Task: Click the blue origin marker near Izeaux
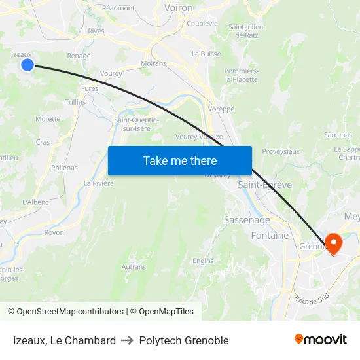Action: click(27, 64)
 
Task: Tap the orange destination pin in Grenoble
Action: click(333, 243)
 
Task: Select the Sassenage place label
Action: click(247, 220)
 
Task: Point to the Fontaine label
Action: click(270, 236)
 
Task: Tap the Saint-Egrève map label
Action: click(264, 185)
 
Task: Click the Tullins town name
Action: click(75, 102)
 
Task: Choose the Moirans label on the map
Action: click(153, 63)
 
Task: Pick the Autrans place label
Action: click(134, 267)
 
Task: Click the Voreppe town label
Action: click(221, 109)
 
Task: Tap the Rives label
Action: click(96, 31)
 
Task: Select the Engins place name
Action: click(203, 261)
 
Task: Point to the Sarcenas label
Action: click(338, 135)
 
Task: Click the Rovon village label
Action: click(54, 232)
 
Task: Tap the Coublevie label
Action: click(202, 23)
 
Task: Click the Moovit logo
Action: click(320, 340)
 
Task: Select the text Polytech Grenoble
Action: click(184, 340)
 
